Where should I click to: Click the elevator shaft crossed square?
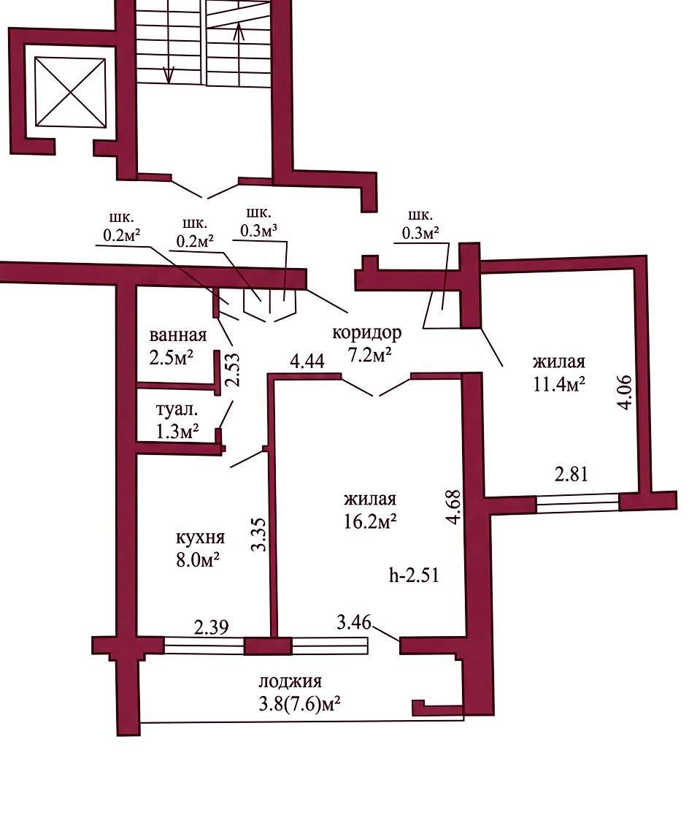tap(70, 91)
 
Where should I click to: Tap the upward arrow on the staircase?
tap(239, 54)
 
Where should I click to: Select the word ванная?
tap(177, 335)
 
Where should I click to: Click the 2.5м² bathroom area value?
tap(172, 358)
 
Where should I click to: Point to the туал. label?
tap(177, 410)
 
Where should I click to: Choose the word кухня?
tap(201, 538)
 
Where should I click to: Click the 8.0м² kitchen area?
tap(198, 560)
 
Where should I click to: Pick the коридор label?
tap(367, 333)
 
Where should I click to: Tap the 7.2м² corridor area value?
tap(369, 355)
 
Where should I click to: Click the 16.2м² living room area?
tap(371, 521)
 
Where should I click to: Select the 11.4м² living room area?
tap(559, 383)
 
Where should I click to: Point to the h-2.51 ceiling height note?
tap(414, 575)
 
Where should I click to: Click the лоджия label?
tap(290, 681)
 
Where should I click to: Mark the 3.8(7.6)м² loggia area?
tap(299, 704)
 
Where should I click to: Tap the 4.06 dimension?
tap(625, 392)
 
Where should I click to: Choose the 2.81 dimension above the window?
tap(571, 475)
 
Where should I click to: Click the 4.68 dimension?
tap(454, 507)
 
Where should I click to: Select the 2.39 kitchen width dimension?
tap(212, 627)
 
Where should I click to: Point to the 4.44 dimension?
tap(307, 361)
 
